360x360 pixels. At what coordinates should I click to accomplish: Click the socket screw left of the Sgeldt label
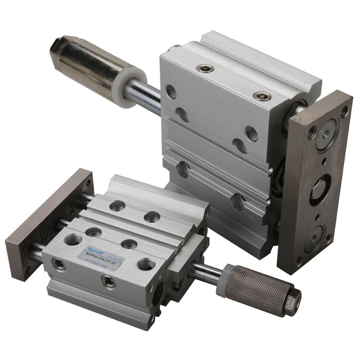tap(57, 262)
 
